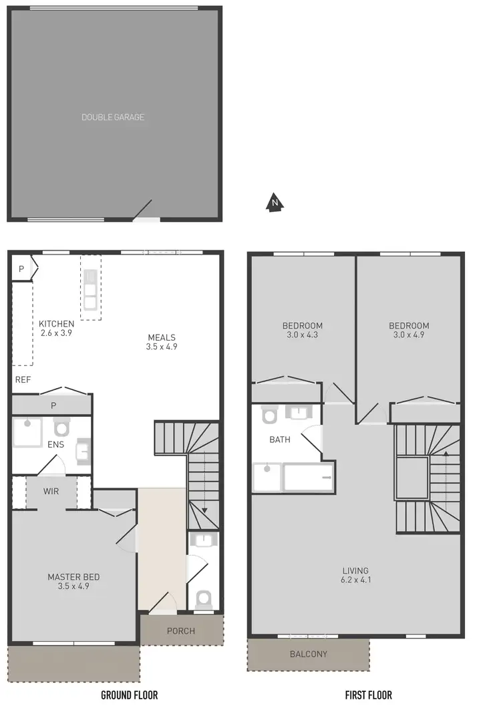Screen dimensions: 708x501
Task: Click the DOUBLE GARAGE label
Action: click(x=113, y=118)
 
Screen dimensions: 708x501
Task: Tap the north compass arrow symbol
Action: click(x=274, y=202)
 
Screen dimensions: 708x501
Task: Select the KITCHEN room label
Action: click(x=56, y=323)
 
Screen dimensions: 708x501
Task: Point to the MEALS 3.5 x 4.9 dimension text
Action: click(x=162, y=347)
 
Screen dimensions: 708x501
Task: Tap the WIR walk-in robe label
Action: click(x=51, y=492)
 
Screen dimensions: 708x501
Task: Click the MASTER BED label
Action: click(x=73, y=577)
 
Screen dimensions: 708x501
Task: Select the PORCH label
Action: click(x=181, y=631)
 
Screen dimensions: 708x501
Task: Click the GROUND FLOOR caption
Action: click(x=129, y=695)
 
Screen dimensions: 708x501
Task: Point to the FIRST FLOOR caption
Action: click(x=369, y=695)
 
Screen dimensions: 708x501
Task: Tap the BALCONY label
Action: click(x=309, y=654)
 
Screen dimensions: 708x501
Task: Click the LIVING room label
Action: click(x=355, y=570)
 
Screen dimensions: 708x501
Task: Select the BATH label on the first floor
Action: click(x=280, y=440)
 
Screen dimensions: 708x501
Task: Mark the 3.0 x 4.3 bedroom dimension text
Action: click(x=302, y=335)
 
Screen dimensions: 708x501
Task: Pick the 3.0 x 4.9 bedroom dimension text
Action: click(x=409, y=335)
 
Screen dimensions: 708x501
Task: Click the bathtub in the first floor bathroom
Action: click(x=309, y=478)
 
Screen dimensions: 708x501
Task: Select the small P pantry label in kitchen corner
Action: click(x=21, y=269)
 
